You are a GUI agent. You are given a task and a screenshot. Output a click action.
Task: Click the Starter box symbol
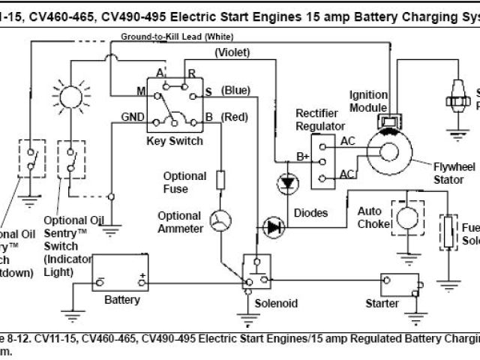[398, 285]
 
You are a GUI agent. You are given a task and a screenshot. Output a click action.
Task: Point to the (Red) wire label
[235, 117]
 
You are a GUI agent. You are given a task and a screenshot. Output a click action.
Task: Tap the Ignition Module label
[368, 100]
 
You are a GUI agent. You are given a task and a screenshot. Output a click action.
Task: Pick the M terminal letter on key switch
[140, 92]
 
